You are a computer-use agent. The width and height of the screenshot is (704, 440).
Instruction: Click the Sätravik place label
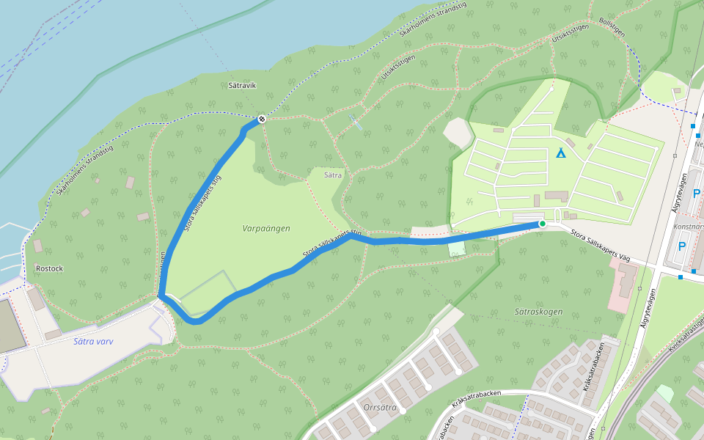(x=242, y=86)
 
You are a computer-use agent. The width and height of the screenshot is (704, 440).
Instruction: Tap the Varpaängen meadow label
(x=266, y=228)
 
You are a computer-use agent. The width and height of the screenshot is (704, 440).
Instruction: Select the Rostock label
(x=49, y=268)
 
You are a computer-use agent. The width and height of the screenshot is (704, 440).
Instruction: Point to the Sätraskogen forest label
(x=538, y=312)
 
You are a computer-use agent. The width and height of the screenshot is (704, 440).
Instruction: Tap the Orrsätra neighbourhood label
(x=380, y=406)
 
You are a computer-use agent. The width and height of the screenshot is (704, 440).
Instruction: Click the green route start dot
(x=542, y=224)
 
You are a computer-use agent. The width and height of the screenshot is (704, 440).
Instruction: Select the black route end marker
(x=261, y=119)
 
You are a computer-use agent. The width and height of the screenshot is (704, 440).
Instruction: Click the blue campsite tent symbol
(x=561, y=153)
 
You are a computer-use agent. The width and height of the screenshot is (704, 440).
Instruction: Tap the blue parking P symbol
(x=681, y=246)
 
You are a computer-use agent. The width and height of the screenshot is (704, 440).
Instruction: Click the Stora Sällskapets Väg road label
(x=600, y=247)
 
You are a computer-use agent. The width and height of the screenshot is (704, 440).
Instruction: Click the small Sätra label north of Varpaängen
(x=334, y=175)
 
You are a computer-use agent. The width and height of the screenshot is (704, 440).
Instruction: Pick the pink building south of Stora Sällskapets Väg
(x=623, y=283)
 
